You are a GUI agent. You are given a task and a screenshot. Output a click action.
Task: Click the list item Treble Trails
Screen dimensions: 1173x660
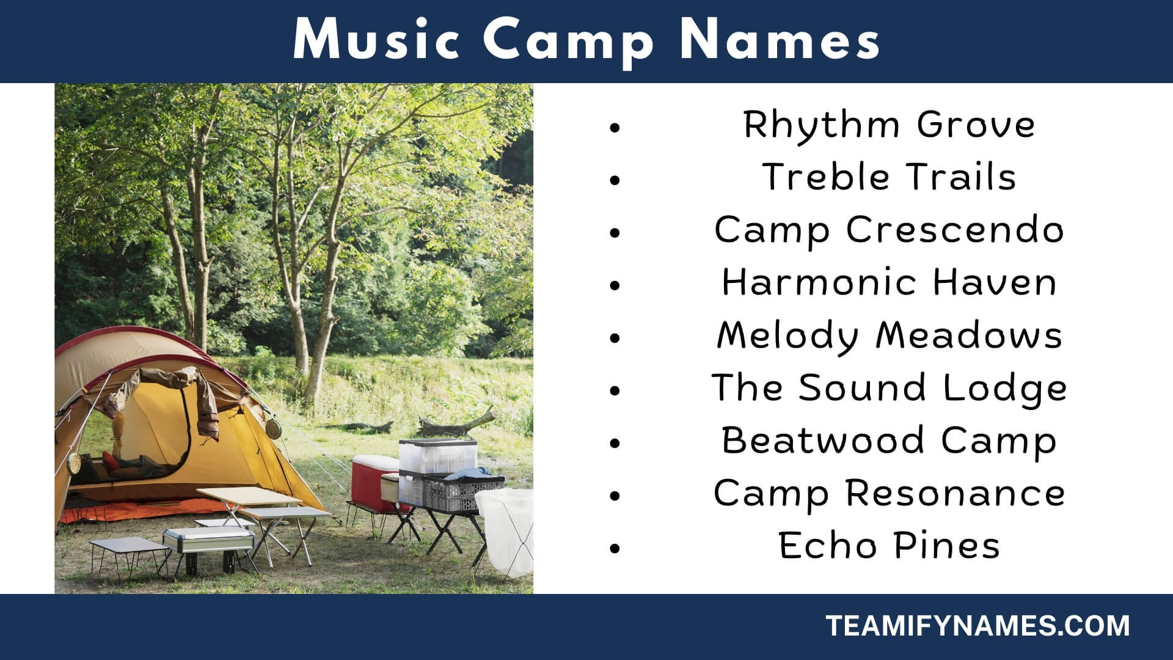click(x=889, y=177)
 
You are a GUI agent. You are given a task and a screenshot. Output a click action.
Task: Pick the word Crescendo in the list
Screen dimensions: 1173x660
click(x=955, y=230)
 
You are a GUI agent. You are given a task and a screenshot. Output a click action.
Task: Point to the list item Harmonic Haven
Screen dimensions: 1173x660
click(x=889, y=282)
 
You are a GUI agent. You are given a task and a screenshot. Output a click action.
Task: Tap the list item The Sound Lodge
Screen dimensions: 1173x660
click(x=889, y=389)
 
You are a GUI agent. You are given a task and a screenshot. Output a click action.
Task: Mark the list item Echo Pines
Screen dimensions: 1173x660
click(x=889, y=546)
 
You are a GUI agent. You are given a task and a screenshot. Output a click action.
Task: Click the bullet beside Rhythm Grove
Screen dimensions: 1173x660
click(x=615, y=127)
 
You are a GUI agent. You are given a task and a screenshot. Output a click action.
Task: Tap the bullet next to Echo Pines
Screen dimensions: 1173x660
click(x=615, y=548)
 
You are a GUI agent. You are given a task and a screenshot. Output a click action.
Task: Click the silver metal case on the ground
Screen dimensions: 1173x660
click(x=208, y=541)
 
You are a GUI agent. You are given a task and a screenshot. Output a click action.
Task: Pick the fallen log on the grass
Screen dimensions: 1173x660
click(x=456, y=422)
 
